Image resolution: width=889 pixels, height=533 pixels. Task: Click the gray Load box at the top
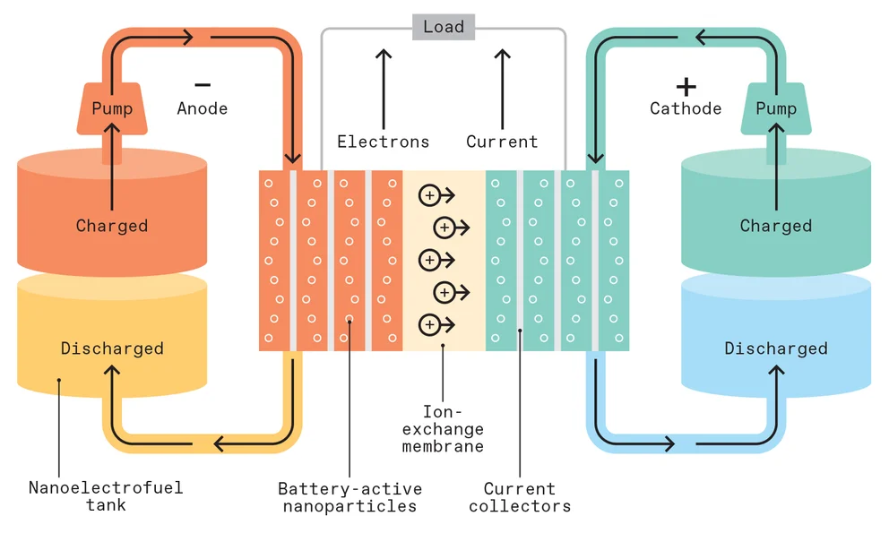tap(444, 27)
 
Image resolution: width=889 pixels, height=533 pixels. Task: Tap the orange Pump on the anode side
tap(112, 107)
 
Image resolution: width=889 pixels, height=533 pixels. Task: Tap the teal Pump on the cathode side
tap(775, 107)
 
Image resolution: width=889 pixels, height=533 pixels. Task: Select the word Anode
tap(203, 108)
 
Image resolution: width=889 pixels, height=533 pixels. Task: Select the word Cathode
tap(686, 108)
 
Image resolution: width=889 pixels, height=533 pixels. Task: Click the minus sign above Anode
tap(203, 85)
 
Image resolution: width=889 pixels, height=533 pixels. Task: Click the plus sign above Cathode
tap(686, 86)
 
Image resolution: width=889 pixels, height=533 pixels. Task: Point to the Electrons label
tap(383, 142)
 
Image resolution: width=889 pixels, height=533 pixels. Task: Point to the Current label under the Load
tap(502, 142)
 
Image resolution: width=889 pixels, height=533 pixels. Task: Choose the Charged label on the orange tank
tap(112, 226)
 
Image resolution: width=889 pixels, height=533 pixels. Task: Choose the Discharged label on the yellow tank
tap(112, 348)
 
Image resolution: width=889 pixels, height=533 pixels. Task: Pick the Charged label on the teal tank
tap(775, 226)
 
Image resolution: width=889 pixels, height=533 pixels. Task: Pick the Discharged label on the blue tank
tap(775, 348)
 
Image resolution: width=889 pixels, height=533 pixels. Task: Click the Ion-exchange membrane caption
tap(443, 429)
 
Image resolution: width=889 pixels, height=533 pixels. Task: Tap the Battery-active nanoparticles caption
tap(350, 497)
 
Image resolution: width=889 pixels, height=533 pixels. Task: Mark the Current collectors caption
tap(520, 497)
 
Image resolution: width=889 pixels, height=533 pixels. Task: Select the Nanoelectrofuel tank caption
tap(106, 495)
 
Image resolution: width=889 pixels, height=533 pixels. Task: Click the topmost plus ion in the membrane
tap(429, 194)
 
